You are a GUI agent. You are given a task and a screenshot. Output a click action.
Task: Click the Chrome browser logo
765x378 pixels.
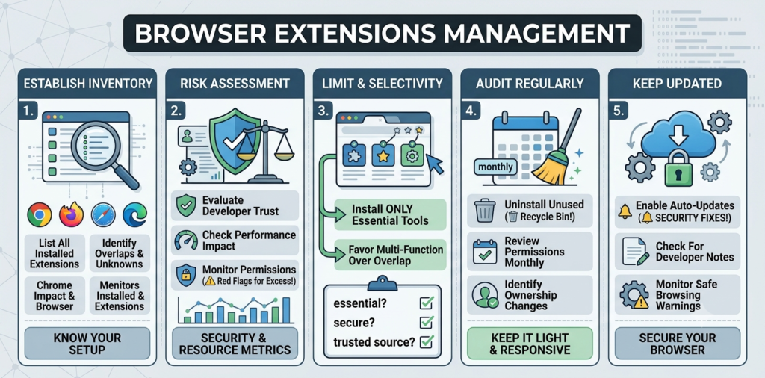coord(40,214)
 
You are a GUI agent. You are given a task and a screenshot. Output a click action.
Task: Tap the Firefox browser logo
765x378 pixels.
coord(72,214)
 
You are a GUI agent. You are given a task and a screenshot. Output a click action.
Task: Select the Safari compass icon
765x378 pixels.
coord(103,214)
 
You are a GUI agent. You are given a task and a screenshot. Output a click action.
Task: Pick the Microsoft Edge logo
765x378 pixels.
coord(135,214)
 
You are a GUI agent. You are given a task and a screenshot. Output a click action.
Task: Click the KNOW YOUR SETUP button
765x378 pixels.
coord(87,344)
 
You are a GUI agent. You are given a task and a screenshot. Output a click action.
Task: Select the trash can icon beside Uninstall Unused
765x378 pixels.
coord(484,210)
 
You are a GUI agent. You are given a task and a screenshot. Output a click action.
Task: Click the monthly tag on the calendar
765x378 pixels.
coord(495,167)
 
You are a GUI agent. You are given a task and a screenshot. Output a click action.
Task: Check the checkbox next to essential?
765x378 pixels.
coord(427,303)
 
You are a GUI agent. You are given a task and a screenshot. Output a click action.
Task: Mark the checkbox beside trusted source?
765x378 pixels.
coord(427,341)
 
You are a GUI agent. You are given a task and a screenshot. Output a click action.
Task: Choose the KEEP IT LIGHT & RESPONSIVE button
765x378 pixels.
coord(530,344)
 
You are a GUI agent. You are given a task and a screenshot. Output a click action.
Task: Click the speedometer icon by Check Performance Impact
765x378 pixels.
coord(186,241)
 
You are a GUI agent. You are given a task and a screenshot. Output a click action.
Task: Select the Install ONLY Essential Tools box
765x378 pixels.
coord(390,214)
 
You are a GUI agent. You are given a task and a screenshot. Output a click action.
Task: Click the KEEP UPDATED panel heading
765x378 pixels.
coord(677,84)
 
